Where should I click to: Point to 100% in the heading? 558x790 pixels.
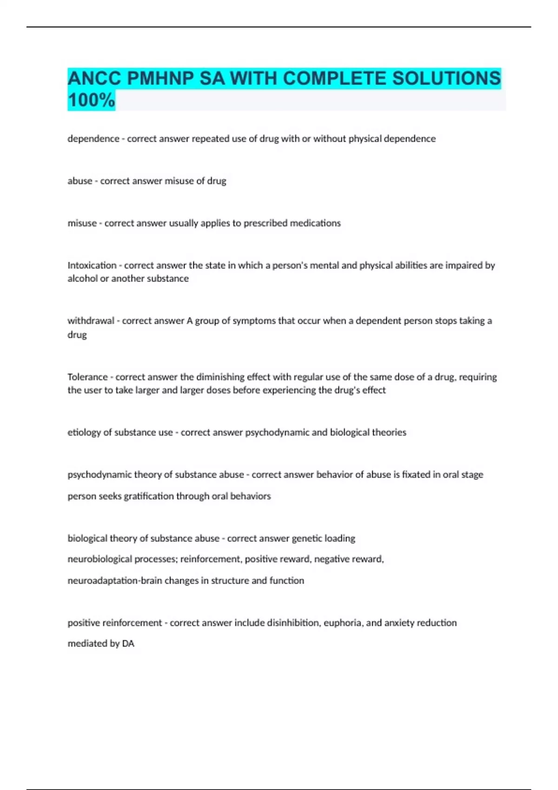(91, 100)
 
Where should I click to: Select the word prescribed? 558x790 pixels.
(266, 223)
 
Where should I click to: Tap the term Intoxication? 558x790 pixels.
(92, 265)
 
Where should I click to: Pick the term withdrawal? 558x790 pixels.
(91, 321)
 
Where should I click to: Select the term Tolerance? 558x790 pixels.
(87, 377)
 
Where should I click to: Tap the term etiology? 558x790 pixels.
(84, 433)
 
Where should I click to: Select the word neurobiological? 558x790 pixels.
(100, 559)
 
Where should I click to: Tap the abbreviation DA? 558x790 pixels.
(128, 644)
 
